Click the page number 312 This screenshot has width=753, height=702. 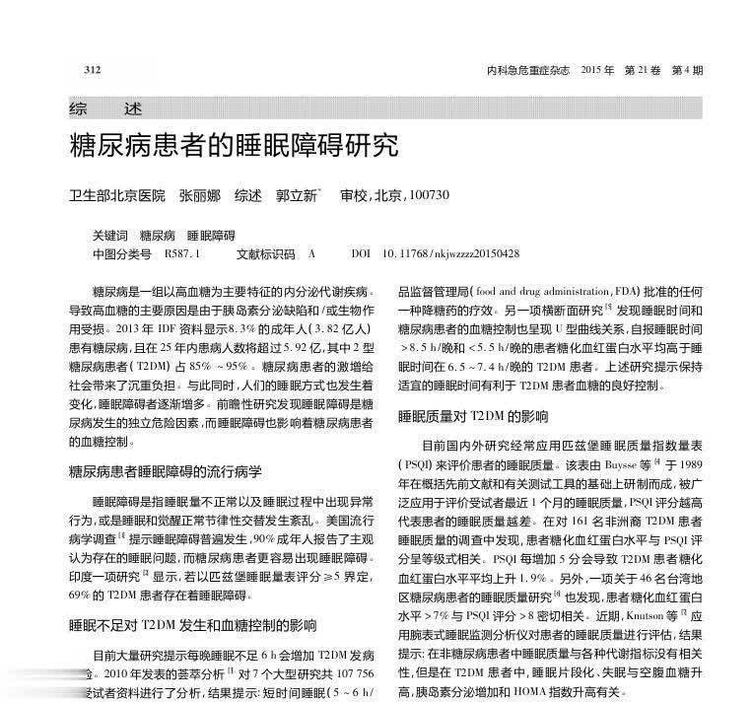coord(94,69)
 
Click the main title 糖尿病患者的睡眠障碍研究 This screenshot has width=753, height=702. coord(233,147)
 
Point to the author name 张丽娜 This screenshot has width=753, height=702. coord(199,195)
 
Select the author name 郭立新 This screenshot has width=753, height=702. coord(296,195)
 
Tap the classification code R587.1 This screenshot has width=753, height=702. coord(182,254)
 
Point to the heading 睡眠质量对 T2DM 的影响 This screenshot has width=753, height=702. coord(468,416)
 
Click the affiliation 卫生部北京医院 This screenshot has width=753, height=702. coord(116,195)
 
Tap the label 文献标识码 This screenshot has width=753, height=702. coord(266,254)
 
